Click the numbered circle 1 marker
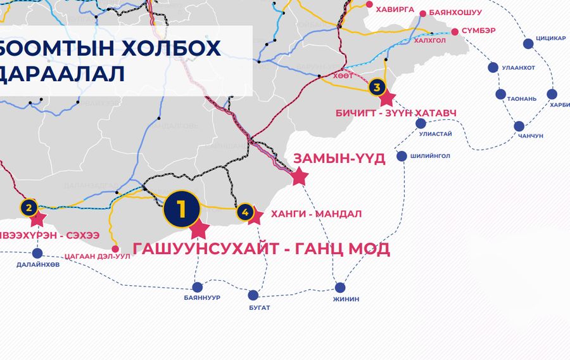[182, 209]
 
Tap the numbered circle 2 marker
[28, 207]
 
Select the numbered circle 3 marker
[377, 87]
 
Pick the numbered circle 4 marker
[245, 212]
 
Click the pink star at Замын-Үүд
[300, 177]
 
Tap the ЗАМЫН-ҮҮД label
[339, 158]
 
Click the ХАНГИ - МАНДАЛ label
[316, 214]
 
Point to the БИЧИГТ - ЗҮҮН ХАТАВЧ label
[395, 113]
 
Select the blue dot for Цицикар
[528, 44]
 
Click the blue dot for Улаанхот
[493, 67]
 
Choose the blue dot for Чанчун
[519, 126]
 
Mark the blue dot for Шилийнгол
[402, 157]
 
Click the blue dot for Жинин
[340, 287]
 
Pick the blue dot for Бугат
[253, 295]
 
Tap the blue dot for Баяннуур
[198, 286]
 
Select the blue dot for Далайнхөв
[37, 253]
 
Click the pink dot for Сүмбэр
[454, 31]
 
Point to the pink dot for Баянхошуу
[422, 13]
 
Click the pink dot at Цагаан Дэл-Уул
[115, 248]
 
